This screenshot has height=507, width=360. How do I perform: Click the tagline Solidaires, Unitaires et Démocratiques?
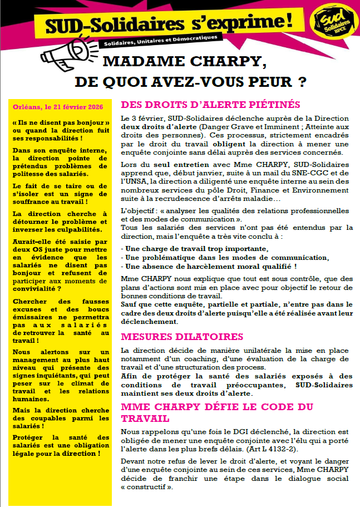[160, 41]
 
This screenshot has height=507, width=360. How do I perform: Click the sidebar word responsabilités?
[48, 138]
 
